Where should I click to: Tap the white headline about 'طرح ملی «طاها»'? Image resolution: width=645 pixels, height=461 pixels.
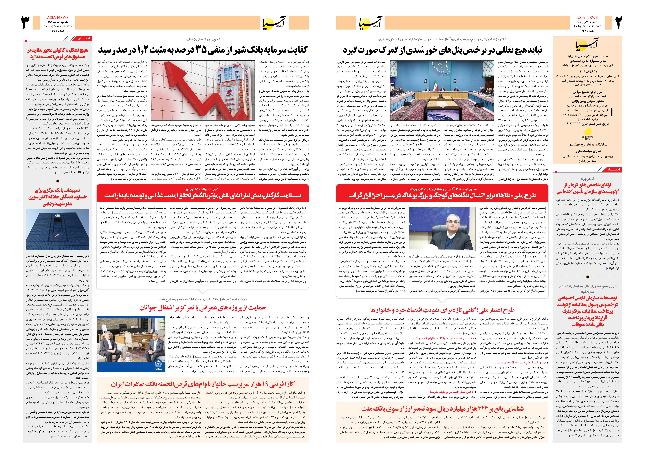(x=442, y=196)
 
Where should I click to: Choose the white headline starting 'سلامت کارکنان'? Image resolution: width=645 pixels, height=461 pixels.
(x=203, y=196)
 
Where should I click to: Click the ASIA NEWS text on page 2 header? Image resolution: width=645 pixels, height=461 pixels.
(x=587, y=18)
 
